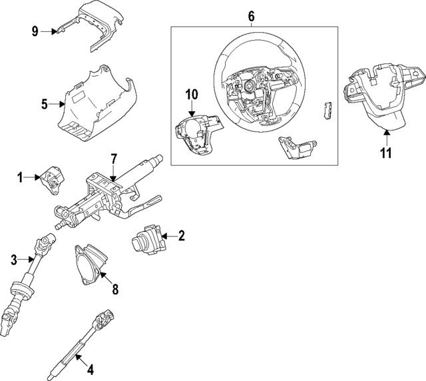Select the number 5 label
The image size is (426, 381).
tap(44, 104)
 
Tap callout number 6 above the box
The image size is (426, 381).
tap(251, 15)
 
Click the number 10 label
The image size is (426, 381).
tap(192, 95)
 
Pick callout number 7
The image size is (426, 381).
tap(114, 159)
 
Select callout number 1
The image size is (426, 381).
tap(20, 177)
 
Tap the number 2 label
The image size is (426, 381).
tap(181, 235)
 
